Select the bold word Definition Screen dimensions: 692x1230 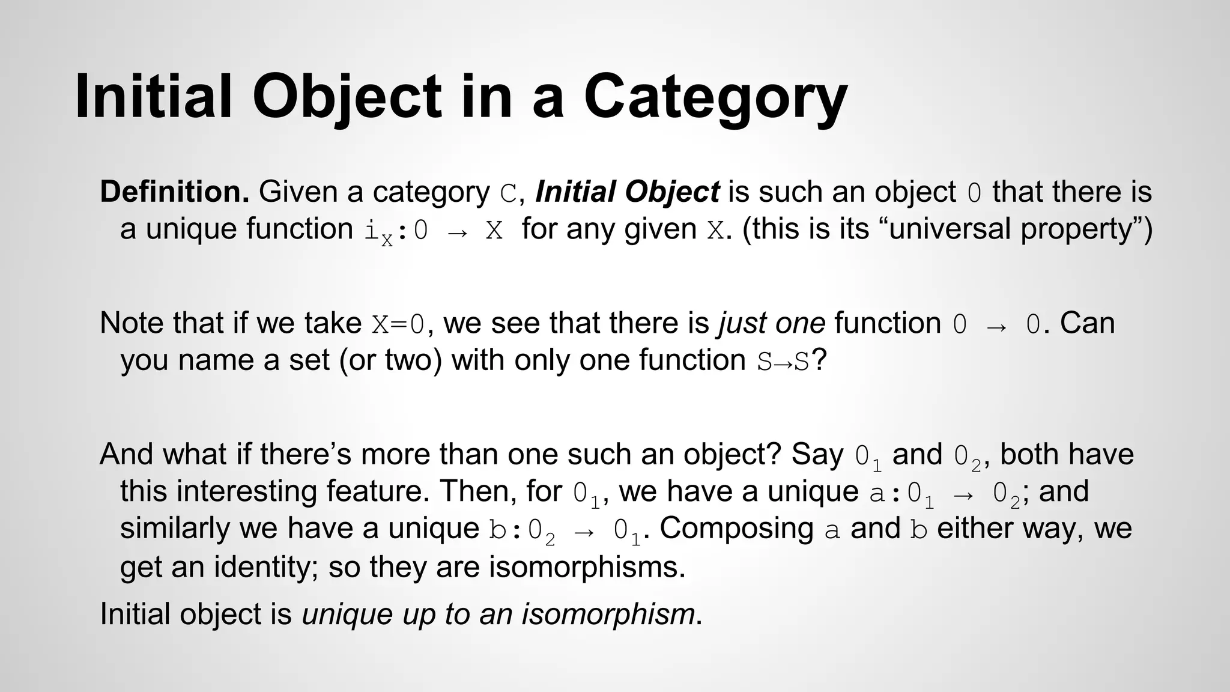175,192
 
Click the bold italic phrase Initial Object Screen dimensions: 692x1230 627,192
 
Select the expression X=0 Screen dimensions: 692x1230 398,324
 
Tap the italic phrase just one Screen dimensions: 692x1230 772,323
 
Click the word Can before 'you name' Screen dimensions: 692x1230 1087,323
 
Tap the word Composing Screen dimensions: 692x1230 736,529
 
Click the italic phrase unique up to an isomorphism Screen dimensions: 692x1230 498,615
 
